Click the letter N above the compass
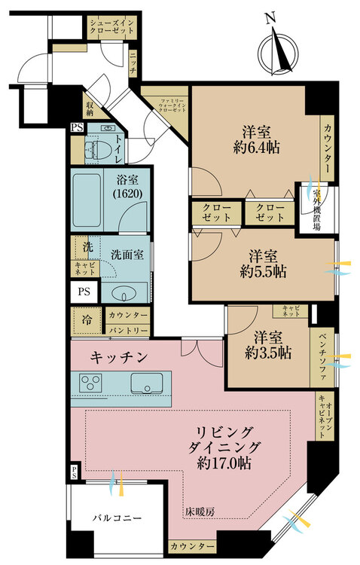pyautogui.click(x=270, y=18)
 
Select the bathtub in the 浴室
pyautogui.click(x=87, y=200)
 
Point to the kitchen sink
pyautogui.click(x=147, y=383)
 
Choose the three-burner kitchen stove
pyautogui.click(x=91, y=383)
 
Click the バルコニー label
pyautogui.click(x=117, y=518)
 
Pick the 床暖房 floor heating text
pyautogui.click(x=200, y=512)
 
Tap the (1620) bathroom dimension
pyautogui.click(x=127, y=194)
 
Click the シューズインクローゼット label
pyautogui.click(x=111, y=26)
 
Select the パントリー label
pyautogui.click(x=128, y=330)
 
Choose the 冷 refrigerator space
pyautogui.click(x=87, y=320)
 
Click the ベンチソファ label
pyautogui.click(x=322, y=357)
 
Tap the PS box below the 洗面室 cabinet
pyautogui.click(x=84, y=291)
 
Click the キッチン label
pyautogui.click(x=119, y=357)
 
